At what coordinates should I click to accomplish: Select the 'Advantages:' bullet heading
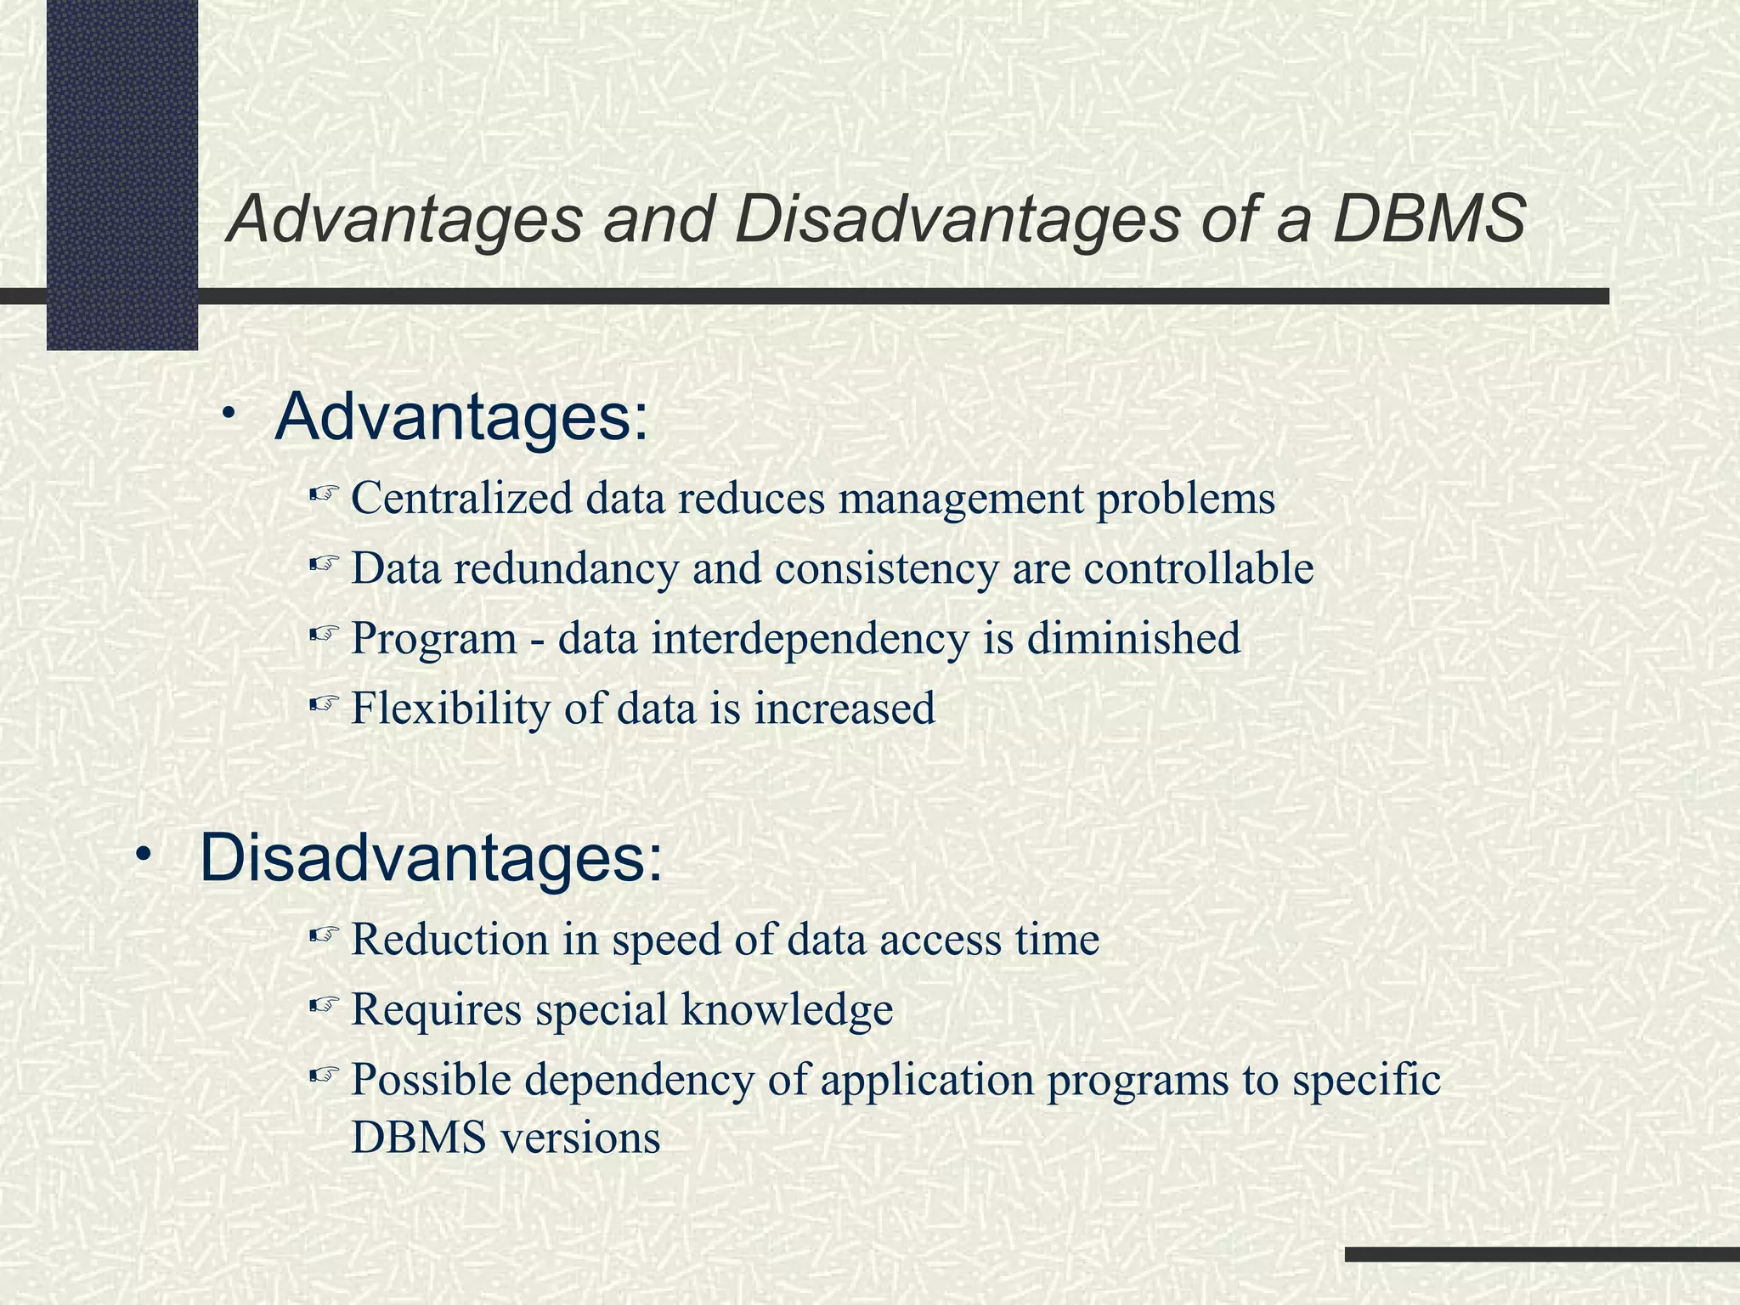click(461, 417)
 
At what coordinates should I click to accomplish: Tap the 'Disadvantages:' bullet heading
click(431, 858)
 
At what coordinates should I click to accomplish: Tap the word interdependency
click(810, 639)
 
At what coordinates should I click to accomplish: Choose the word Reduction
click(450, 941)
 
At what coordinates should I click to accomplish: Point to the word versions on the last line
click(580, 1138)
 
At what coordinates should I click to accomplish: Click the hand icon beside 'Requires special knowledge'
click(324, 1008)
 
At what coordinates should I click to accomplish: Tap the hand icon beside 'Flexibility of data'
click(324, 704)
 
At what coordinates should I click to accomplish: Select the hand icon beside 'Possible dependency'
click(324, 1077)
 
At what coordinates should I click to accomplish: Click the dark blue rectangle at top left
click(121, 174)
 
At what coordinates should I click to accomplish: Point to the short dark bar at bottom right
click(1541, 1254)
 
